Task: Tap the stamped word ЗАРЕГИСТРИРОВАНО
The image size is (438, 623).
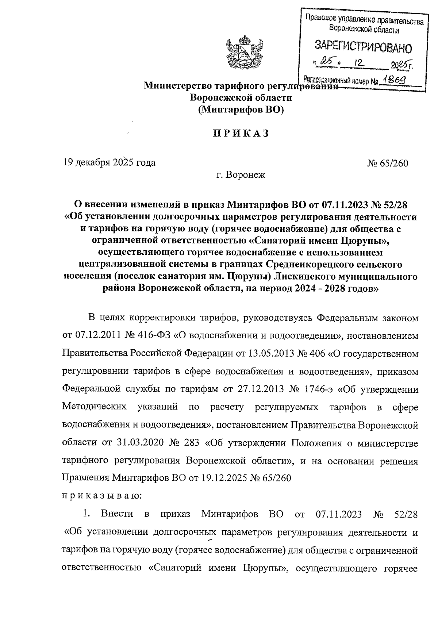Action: tap(363, 46)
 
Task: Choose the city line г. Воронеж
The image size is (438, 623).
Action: tap(241, 175)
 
